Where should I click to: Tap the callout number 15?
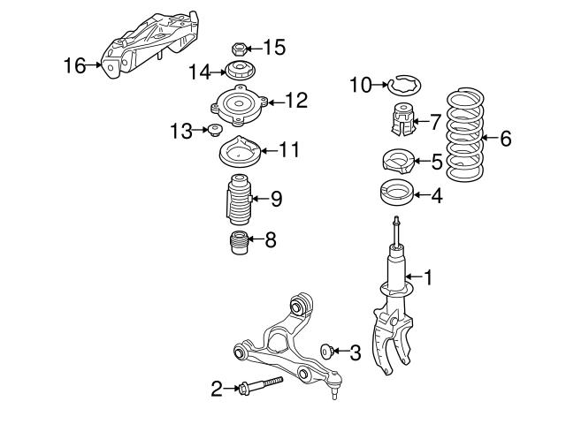coord(275,47)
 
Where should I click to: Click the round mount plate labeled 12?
coord(237,107)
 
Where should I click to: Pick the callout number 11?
coord(288,150)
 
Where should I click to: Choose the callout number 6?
coord(506,139)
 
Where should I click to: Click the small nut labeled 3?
coord(330,350)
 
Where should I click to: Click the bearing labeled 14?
coord(237,72)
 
